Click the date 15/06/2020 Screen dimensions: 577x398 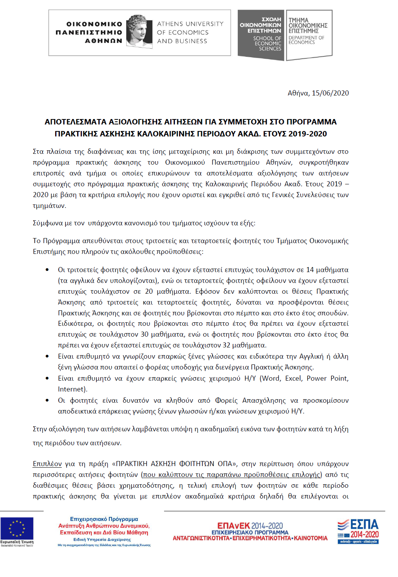[330, 93]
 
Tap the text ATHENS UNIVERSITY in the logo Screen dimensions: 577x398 [190, 24]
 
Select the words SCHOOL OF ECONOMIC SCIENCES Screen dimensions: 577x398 [268, 43]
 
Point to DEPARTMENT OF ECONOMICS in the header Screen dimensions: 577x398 [307, 40]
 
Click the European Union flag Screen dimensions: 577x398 [17, 528]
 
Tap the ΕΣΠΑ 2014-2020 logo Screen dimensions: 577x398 [358, 531]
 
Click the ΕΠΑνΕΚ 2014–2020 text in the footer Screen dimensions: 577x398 [250, 526]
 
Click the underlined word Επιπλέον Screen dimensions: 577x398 [47, 464]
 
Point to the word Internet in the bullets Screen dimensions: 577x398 [71, 389]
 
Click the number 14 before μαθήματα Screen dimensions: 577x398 [310, 270]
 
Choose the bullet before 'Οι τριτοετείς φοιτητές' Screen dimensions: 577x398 [47, 270]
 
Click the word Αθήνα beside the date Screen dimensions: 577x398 [298, 93]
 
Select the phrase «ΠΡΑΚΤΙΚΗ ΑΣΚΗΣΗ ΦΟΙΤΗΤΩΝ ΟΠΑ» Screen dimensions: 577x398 [174, 464]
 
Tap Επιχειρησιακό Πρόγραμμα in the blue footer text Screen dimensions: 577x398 [104, 519]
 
